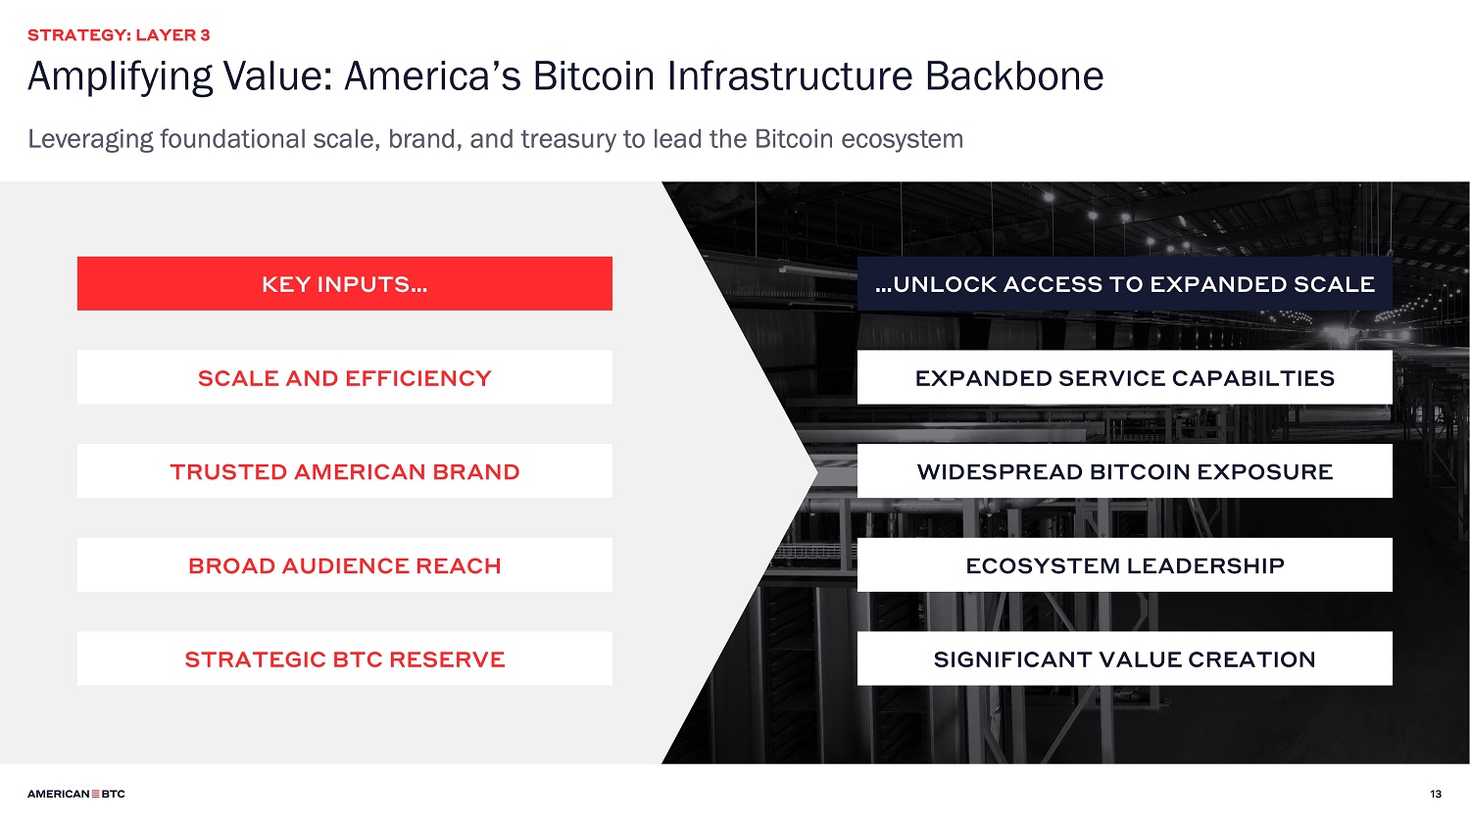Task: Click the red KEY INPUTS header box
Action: pos(345,283)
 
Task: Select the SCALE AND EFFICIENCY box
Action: pos(345,377)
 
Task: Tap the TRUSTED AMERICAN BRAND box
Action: pos(345,471)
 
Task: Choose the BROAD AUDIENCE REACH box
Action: pos(345,565)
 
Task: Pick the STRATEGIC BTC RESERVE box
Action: pos(345,658)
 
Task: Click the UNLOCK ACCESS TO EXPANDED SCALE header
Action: pos(1125,283)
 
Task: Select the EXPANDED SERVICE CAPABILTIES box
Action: pos(1125,377)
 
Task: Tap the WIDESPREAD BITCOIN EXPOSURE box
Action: pos(1125,471)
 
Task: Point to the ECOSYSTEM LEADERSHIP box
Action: pos(1125,565)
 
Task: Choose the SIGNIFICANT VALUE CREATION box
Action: pos(1125,658)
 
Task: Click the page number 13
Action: pos(1436,794)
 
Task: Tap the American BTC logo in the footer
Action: pos(76,794)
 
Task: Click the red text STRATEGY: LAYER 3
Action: pos(119,35)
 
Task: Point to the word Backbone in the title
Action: pos(1014,76)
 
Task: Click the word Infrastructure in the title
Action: pos(790,76)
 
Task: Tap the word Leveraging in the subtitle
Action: pos(90,140)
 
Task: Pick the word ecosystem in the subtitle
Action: pos(903,140)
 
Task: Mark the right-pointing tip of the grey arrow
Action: pos(817,471)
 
